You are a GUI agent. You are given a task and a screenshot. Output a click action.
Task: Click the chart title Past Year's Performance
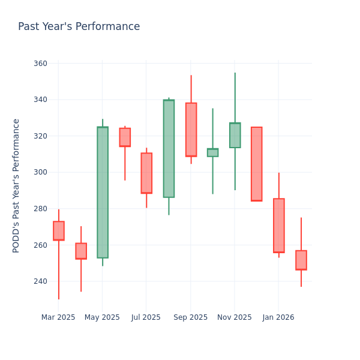click(79, 27)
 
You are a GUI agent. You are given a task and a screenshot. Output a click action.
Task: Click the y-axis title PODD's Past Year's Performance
click(17, 185)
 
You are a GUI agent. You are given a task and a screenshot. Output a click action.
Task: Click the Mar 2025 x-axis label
click(58, 317)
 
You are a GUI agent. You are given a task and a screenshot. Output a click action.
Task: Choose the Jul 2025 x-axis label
click(146, 317)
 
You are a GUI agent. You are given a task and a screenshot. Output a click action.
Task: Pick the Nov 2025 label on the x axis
click(234, 317)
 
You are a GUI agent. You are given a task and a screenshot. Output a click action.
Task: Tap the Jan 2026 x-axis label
click(278, 317)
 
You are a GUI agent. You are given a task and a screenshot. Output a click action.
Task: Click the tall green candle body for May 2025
click(103, 192)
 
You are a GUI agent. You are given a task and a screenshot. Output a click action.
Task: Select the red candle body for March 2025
click(59, 231)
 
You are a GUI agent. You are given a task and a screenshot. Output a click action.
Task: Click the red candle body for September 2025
click(191, 130)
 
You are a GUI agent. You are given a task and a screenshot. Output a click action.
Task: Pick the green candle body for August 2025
click(169, 148)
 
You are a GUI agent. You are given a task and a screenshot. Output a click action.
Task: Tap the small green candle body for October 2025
click(212, 152)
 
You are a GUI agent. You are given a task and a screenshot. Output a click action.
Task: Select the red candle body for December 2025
click(256, 164)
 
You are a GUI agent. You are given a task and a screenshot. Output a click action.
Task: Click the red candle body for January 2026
click(279, 226)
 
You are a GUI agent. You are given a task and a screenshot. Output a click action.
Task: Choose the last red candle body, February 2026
click(301, 260)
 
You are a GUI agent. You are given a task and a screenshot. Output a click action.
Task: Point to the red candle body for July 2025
click(146, 173)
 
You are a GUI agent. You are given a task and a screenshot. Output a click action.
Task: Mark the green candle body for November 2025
click(235, 135)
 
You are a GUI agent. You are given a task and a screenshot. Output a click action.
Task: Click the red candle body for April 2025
click(81, 251)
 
